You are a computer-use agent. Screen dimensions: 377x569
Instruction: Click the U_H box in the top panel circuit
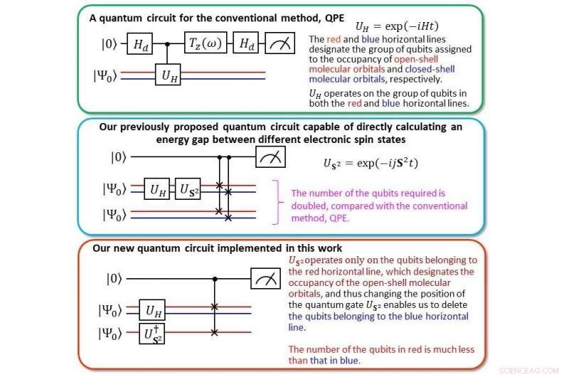pyautogui.click(x=168, y=75)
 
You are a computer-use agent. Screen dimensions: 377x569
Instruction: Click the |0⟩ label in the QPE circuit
pyautogui.click(x=110, y=45)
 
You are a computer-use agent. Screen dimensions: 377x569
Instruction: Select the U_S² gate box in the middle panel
pyautogui.click(x=188, y=189)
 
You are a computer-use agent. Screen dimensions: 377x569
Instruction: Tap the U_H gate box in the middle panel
pyautogui.click(x=156, y=189)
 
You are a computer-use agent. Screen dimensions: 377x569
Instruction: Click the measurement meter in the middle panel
pyautogui.click(x=270, y=157)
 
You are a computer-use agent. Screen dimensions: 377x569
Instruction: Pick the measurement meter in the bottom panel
pyautogui.click(x=265, y=277)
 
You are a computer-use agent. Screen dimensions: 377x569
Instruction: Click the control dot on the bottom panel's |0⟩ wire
pyautogui.click(x=214, y=277)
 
